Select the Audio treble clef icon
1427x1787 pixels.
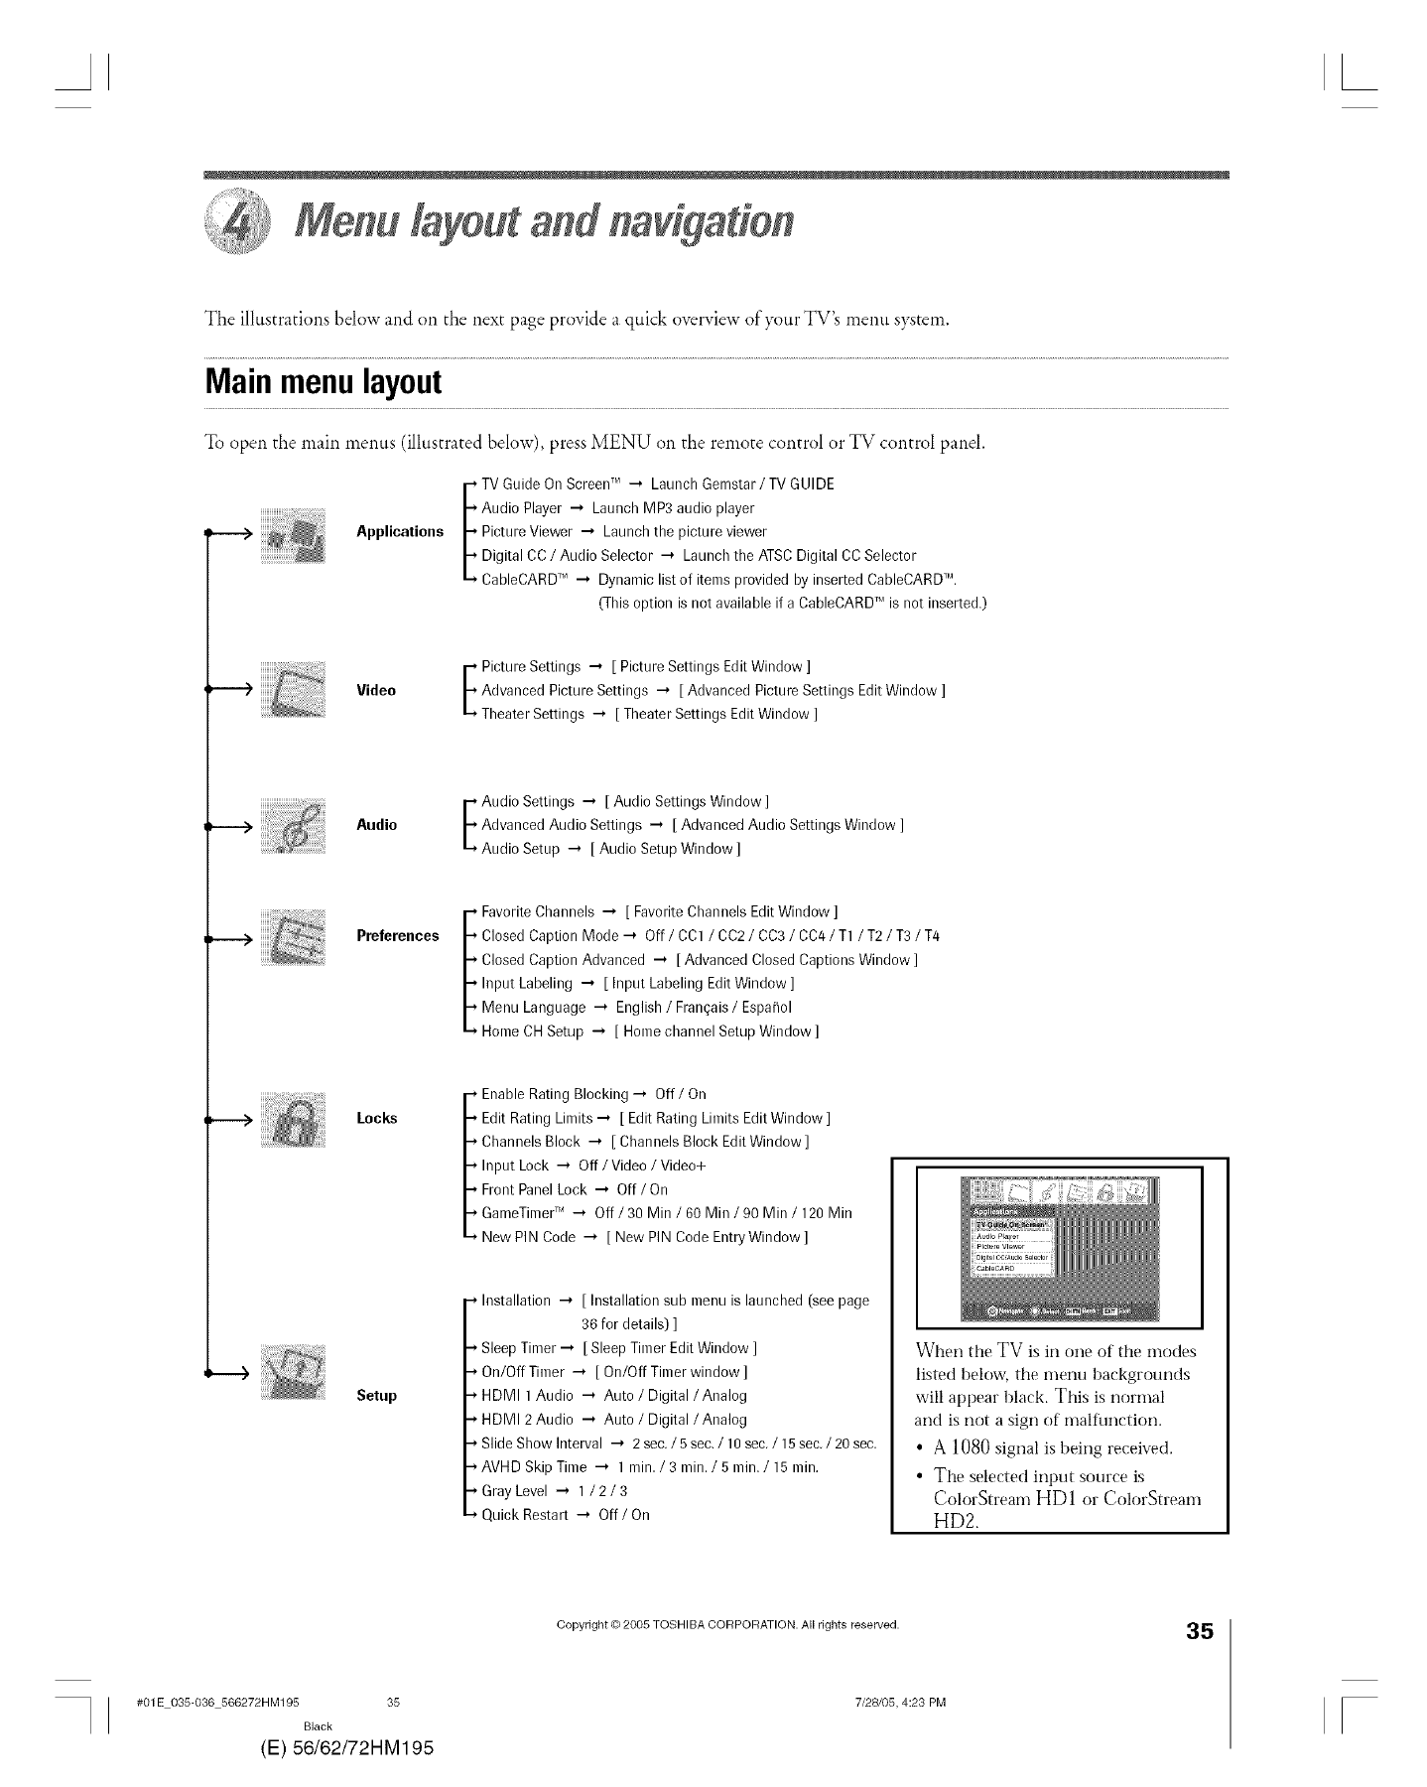click(292, 825)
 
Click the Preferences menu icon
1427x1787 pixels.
click(292, 936)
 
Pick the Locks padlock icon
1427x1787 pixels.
click(292, 1119)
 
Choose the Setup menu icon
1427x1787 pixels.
click(292, 1372)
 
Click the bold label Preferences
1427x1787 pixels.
click(397, 936)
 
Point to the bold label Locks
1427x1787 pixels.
click(376, 1119)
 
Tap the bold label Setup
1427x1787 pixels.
click(376, 1396)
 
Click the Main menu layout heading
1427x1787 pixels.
click(323, 382)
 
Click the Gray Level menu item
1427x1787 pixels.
click(514, 1491)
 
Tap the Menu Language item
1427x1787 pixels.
click(533, 1008)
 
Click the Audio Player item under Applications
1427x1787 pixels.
click(521, 508)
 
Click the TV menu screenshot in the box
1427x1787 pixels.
click(1060, 1248)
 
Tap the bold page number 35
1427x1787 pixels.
click(1199, 1659)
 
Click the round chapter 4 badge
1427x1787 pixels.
click(236, 219)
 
